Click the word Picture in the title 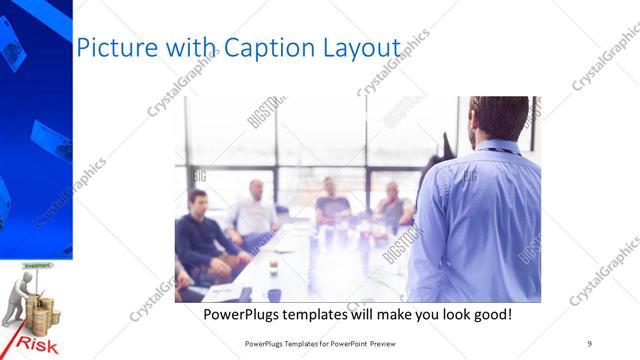tap(113, 48)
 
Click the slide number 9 tap(590, 343)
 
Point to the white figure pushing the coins tap(15, 300)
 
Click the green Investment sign tap(36, 266)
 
